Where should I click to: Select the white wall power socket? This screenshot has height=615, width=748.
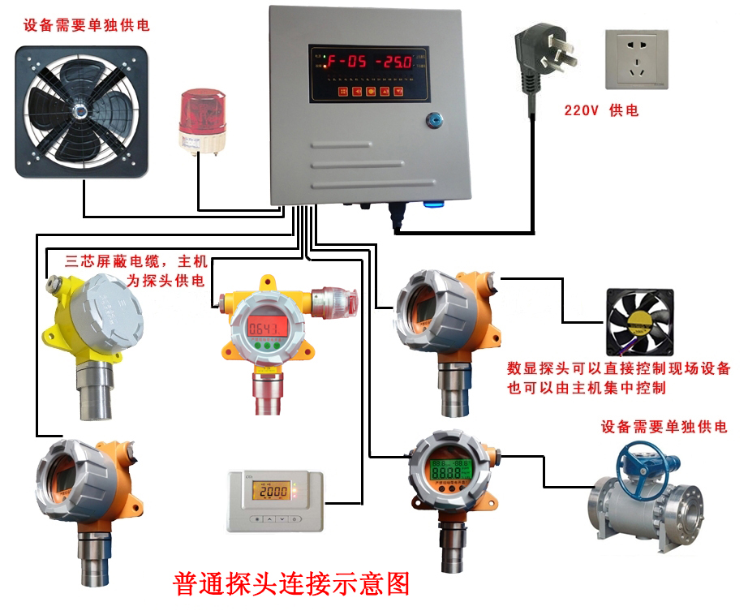(x=634, y=58)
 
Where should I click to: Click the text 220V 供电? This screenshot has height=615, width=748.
(x=601, y=110)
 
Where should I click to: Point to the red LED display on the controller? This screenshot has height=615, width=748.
(x=369, y=60)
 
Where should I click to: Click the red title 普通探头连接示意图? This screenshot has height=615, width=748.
(x=291, y=584)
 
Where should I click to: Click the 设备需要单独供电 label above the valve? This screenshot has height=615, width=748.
(x=664, y=427)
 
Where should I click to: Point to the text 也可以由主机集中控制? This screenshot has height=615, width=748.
(x=586, y=388)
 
